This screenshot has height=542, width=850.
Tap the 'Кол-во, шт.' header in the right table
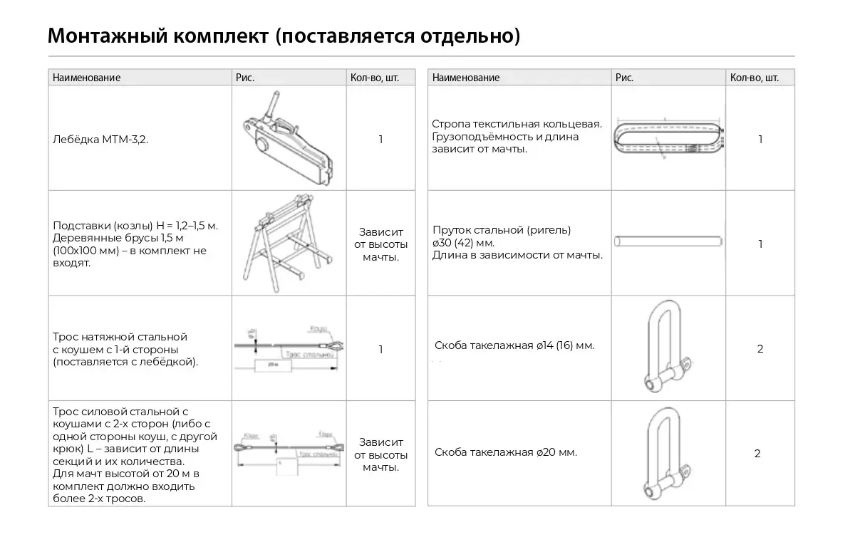point(754,78)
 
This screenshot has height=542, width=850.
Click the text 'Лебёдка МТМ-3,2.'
point(100,140)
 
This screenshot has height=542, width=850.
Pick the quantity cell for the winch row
point(380,140)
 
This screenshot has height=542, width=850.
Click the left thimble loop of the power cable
point(239,447)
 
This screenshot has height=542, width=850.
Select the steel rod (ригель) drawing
point(669,243)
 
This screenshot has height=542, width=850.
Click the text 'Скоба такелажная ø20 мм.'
point(506,452)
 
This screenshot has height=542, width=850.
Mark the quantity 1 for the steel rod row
point(760,244)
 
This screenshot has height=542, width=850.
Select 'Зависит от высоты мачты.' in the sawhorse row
point(380,244)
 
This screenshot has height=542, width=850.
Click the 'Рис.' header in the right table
point(624,78)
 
